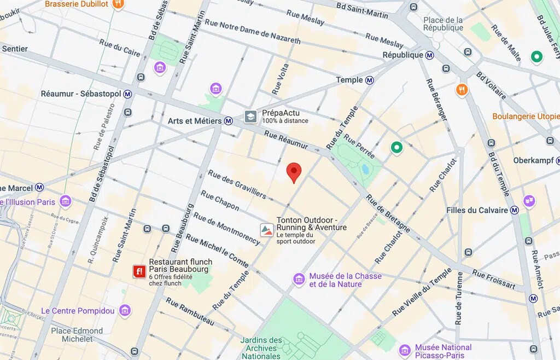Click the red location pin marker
pyautogui.click(x=294, y=172)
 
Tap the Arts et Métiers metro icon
pyautogui.click(x=228, y=121)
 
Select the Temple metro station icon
pyautogui.click(x=370, y=80)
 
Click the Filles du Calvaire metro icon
pyautogui.click(x=514, y=210)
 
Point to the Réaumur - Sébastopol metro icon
pyautogui.click(x=128, y=94)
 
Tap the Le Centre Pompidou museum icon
pyautogui.click(x=125, y=311)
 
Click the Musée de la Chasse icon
pyautogui.click(x=299, y=280)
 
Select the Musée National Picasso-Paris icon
pyautogui.click(x=405, y=350)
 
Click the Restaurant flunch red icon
pyautogui.click(x=139, y=271)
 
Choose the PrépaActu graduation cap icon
pyautogui.click(x=250, y=117)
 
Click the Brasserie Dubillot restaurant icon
pyautogui.click(x=118, y=4)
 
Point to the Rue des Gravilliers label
pyautogui.click(x=237, y=184)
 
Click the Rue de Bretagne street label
pyautogui.click(x=388, y=213)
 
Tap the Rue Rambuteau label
pyautogui.click(x=189, y=312)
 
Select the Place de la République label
pyautogui.click(x=443, y=24)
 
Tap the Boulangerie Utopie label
pyautogui.click(x=526, y=117)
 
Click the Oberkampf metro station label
pyautogui.click(x=533, y=160)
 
